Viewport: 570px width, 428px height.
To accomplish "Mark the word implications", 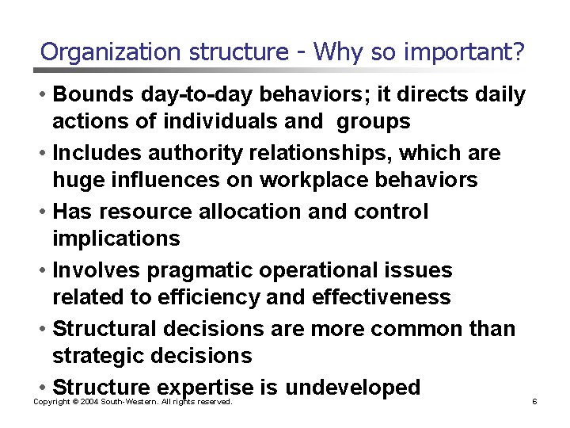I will coord(116,238).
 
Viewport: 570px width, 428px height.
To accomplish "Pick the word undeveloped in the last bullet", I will coord(352,388).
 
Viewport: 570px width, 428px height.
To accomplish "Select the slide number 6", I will coord(534,402).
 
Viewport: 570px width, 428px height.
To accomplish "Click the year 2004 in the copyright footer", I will coord(86,402).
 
